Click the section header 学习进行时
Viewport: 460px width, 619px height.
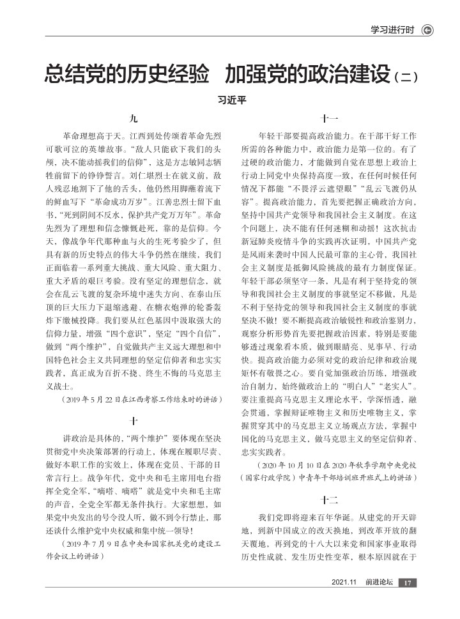pos(392,30)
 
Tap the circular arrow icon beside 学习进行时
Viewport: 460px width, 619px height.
pos(427,30)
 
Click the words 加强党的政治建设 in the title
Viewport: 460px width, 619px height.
pos(306,73)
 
